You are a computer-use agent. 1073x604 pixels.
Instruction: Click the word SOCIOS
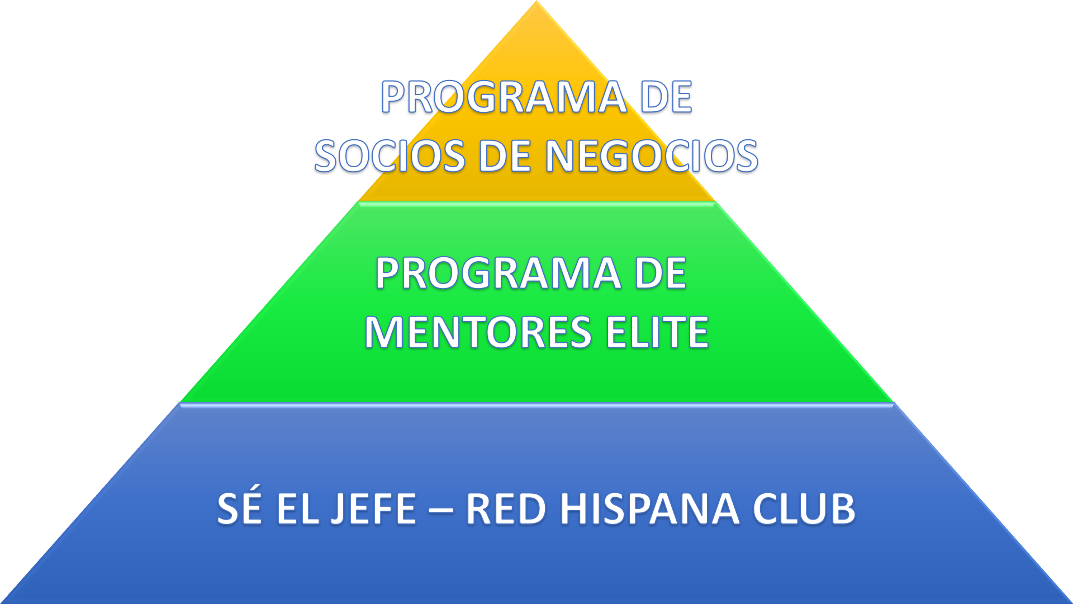390,155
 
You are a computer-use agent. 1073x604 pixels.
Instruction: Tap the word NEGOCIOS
652,155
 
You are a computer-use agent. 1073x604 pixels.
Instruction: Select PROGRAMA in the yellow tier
504,97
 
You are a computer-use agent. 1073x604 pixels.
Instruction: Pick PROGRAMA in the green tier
498,273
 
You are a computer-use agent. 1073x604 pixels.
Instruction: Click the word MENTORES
478,332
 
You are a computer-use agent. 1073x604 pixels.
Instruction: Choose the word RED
506,509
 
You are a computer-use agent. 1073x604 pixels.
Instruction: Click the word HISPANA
651,509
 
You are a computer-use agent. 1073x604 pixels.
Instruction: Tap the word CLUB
804,509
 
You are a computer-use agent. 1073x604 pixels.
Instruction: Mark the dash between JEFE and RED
441,511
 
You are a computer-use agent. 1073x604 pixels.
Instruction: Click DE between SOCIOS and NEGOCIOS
505,155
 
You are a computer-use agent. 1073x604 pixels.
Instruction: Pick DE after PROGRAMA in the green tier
661,273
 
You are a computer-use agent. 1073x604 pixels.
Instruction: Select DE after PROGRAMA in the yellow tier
666,97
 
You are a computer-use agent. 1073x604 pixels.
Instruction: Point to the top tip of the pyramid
536,1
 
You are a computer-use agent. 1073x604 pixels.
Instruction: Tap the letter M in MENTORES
383,332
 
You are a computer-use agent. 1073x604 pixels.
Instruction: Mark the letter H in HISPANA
575,509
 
